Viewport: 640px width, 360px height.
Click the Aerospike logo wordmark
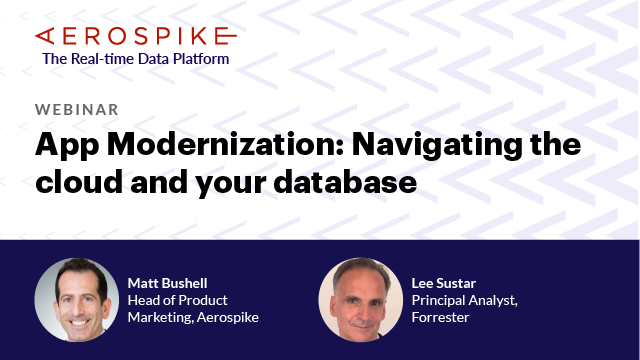coord(136,36)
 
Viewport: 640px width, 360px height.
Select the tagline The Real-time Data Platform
coord(135,58)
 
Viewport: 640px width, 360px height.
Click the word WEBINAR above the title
coord(77,109)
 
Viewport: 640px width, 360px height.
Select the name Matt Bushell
coord(167,283)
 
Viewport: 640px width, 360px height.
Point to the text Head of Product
coord(178,300)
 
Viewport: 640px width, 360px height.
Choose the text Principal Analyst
coord(461,300)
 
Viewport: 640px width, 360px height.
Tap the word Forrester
coord(440,317)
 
